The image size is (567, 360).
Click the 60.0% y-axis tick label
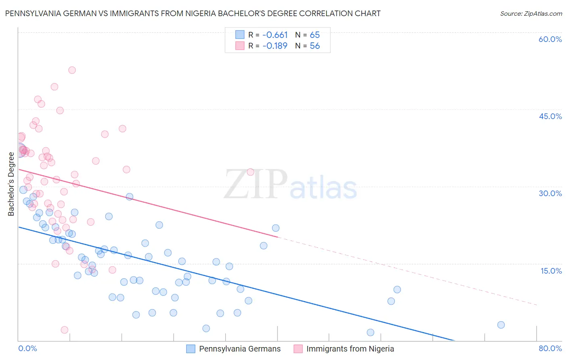click(x=550, y=39)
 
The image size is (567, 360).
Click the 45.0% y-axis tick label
click(x=550, y=116)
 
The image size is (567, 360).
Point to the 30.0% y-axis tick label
click(x=550, y=193)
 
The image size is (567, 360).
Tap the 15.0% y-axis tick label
click(x=551, y=271)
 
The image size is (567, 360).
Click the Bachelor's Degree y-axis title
click(x=11, y=184)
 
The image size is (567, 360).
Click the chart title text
click(x=193, y=14)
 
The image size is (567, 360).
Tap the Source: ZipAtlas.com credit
click(x=531, y=14)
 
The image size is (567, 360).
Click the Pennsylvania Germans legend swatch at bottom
click(x=191, y=349)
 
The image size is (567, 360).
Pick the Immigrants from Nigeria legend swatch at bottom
click(x=298, y=349)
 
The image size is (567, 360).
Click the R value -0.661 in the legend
click(x=275, y=35)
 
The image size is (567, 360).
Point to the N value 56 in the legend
click(x=315, y=46)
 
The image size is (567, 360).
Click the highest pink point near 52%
click(x=72, y=70)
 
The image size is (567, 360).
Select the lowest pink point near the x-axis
click(x=65, y=330)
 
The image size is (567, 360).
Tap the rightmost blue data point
click(x=501, y=325)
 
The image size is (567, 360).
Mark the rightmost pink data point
click(x=250, y=172)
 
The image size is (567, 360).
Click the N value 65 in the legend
click(x=315, y=35)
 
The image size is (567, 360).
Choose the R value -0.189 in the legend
click(x=275, y=46)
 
